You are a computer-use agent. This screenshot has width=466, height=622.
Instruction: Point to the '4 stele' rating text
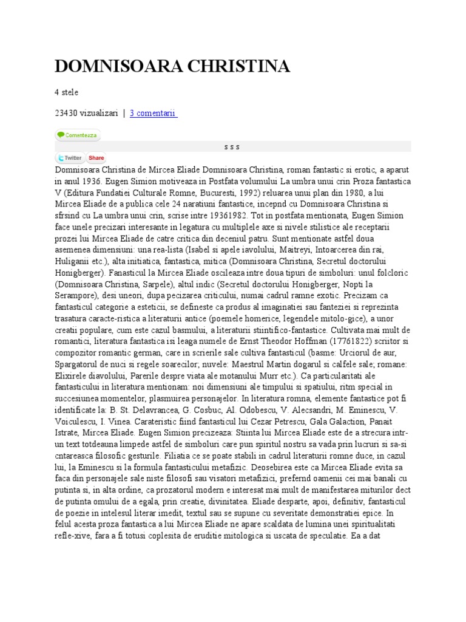(66, 92)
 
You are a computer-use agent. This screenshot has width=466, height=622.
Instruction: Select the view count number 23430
(67, 113)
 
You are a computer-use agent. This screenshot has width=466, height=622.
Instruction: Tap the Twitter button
(70, 158)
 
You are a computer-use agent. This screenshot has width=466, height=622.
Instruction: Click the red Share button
(96, 158)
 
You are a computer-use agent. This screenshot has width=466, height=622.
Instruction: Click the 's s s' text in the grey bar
(232, 146)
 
